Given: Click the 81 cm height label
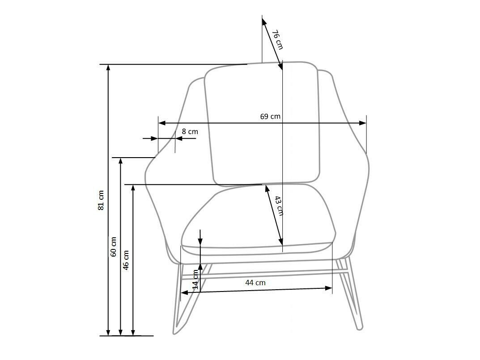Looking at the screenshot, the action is coord(101,201).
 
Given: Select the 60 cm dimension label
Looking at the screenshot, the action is coord(113,247).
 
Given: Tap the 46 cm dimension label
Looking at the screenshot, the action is coord(126,260).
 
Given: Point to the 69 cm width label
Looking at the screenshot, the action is coord(270,116).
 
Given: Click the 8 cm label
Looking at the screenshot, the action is coord(190,132).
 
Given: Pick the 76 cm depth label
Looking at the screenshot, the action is coord(277,39).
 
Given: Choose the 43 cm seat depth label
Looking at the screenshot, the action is coord(279,206).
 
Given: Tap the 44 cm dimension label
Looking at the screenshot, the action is coord(255,283).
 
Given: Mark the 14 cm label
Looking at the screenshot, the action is coord(195,279).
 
